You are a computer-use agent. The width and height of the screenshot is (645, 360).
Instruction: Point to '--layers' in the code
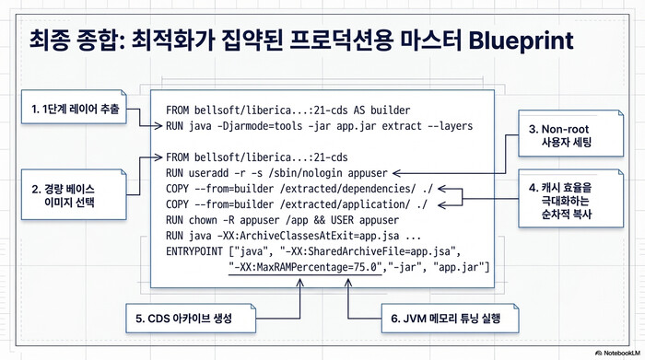tap(446, 125)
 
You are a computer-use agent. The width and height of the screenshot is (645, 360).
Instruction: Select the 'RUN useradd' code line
tap(276, 172)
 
